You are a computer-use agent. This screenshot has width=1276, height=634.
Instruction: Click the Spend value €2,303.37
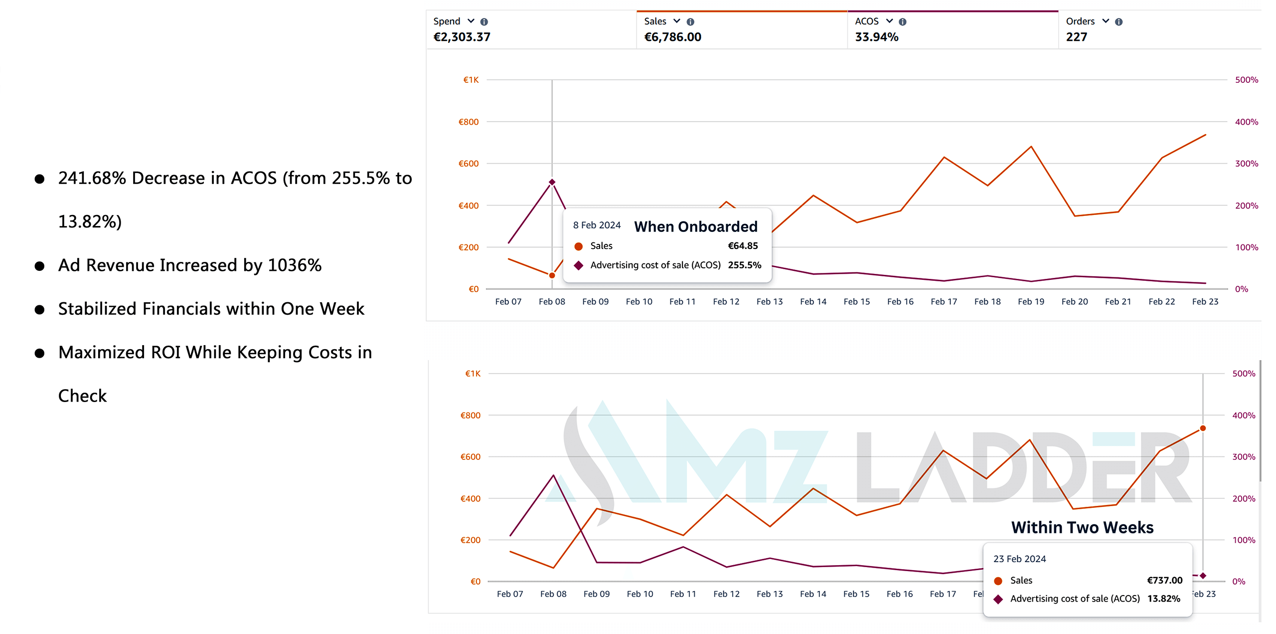coord(462,37)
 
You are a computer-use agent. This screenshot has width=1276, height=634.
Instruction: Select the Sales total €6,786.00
coord(672,37)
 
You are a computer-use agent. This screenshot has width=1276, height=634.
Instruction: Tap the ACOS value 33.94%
coord(876,37)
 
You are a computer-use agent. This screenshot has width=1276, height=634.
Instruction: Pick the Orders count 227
coord(1076,37)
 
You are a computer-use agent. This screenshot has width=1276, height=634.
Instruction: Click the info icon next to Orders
coord(1118,22)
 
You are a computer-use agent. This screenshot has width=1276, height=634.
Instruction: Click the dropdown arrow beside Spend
coord(471,21)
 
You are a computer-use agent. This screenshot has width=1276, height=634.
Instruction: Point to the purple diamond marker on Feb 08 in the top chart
coord(552,182)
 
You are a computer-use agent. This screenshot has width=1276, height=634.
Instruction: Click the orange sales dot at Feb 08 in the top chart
coord(552,275)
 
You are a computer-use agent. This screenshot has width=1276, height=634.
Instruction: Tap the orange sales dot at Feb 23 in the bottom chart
coord(1203,428)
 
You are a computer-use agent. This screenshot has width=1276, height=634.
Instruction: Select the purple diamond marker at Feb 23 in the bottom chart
coord(1203,576)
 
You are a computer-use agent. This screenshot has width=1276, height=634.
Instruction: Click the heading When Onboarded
coord(695,226)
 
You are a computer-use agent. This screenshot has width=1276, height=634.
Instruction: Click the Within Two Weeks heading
coord(1082,527)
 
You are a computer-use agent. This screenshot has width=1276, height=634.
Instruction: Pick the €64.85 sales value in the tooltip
coord(743,245)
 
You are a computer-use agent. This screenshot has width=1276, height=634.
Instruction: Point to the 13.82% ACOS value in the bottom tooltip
coord(1163,599)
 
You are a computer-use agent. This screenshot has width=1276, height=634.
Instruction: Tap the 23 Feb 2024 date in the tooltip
coord(1019,559)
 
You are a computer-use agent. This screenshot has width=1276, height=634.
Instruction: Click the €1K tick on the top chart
coord(471,80)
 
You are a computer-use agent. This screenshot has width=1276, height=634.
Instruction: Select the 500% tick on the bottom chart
coord(1244,374)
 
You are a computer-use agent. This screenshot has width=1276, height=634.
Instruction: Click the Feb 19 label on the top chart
coord(1031,302)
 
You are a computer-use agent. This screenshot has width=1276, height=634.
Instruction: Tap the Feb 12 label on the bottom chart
coord(726,594)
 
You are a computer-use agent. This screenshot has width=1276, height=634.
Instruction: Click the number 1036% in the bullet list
coord(295,265)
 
